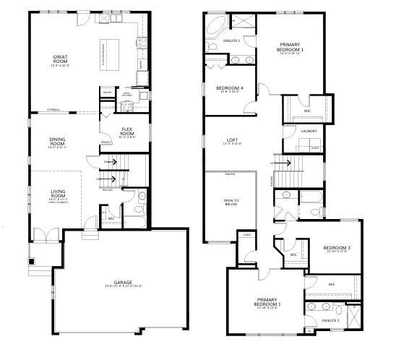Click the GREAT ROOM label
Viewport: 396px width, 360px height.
(60, 58)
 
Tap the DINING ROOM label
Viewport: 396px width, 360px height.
(58, 142)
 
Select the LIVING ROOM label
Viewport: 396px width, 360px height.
(58, 193)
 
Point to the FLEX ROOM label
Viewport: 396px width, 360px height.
(127, 132)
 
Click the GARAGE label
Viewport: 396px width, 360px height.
(122, 283)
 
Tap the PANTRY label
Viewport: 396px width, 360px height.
(106, 93)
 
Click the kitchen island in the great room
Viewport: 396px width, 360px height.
(105, 52)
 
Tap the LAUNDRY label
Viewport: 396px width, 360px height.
(309, 131)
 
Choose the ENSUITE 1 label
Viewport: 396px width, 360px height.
(232, 40)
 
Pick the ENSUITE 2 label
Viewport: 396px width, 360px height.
(330, 319)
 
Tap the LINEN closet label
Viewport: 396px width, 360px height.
(247, 235)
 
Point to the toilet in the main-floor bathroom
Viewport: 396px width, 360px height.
(142, 196)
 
